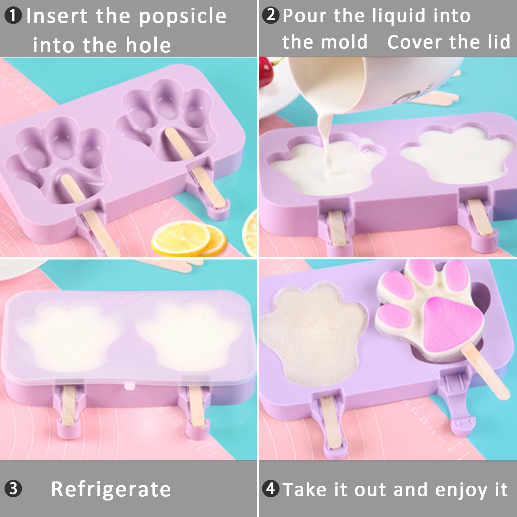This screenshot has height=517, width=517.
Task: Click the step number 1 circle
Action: pyautogui.click(x=13, y=16)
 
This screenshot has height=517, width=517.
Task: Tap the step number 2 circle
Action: pyautogui.click(x=271, y=15)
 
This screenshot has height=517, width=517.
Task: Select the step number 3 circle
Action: pyautogui.click(x=13, y=489)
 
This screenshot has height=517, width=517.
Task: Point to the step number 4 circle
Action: pyautogui.click(x=271, y=489)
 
